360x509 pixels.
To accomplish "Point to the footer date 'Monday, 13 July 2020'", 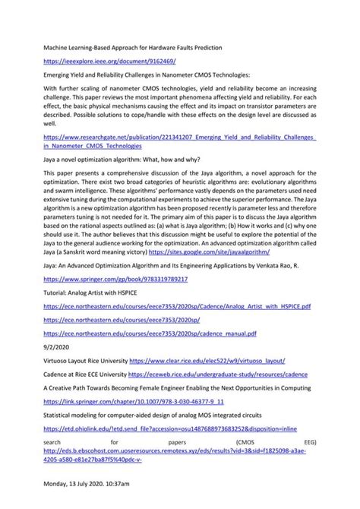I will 76,504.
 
